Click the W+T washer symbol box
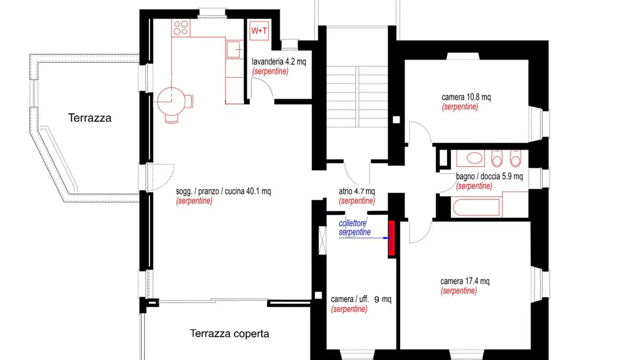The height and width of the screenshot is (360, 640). pos(259,31)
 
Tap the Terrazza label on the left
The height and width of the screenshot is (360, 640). pos(90,118)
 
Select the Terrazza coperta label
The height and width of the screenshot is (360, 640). pos(229,333)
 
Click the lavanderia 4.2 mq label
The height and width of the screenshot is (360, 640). pos(279,62)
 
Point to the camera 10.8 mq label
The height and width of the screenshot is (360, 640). pos(466,97)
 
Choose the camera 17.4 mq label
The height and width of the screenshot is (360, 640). pos(465,281)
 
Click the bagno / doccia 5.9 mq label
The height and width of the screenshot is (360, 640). pos(489,176)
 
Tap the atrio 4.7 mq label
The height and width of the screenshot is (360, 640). pos(356,192)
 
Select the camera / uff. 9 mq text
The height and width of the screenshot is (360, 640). pos(361,300)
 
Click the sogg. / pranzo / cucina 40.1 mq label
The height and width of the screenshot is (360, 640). pos(224,192)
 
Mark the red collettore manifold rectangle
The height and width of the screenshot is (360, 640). pos(392,239)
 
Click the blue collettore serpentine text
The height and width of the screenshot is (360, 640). pos(354,228)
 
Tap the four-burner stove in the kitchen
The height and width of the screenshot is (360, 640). pos(181,28)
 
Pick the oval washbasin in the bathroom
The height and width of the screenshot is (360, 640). pos(475,159)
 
